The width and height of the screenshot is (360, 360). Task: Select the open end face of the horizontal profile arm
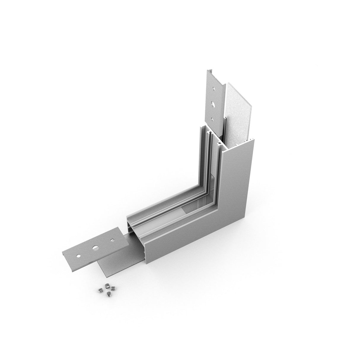[136, 237]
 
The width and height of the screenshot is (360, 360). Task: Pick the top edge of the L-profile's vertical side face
[240, 145]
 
